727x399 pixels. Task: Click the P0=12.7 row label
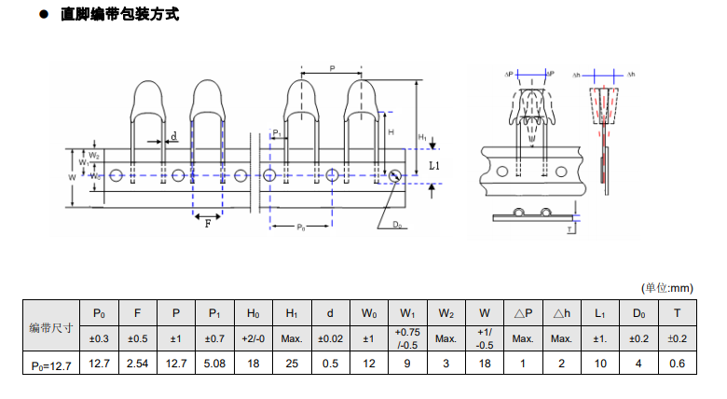click(x=51, y=364)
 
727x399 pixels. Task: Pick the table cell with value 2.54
click(x=137, y=364)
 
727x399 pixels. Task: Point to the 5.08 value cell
click(x=214, y=364)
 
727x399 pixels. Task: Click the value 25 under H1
click(x=292, y=364)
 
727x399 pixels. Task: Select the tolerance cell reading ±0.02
click(x=330, y=338)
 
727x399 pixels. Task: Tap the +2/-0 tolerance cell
click(x=253, y=338)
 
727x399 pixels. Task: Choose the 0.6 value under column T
click(x=678, y=364)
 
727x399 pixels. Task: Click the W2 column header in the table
click(x=446, y=313)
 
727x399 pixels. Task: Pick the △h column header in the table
click(x=561, y=313)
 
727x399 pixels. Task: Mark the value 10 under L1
click(x=600, y=364)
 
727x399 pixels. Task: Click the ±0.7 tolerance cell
click(x=214, y=338)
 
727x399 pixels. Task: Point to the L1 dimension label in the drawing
click(x=434, y=165)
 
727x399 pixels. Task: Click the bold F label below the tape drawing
click(x=207, y=224)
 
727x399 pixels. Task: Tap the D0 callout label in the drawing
click(x=397, y=225)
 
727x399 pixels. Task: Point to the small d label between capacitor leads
click(x=174, y=135)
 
